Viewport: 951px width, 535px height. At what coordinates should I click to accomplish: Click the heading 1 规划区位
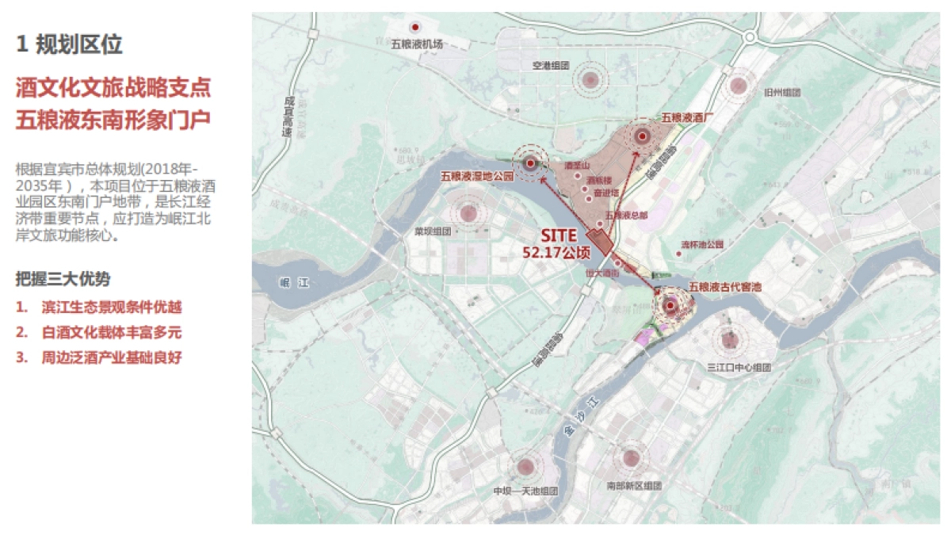[70, 44]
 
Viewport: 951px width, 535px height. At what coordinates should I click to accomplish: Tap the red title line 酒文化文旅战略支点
[113, 87]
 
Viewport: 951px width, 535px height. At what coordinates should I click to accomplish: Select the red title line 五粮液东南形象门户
[113, 120]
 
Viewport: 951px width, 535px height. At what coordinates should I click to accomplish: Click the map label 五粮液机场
[416, 44]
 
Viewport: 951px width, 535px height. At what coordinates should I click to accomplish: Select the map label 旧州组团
[782, 93]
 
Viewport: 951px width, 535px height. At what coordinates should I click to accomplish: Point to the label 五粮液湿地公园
[477, 175]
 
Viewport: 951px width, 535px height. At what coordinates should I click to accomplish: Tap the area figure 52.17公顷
[557, 252]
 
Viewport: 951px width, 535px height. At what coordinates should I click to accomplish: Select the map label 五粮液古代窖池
[725, 286]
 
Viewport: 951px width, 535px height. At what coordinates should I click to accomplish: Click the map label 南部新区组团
[633, 486]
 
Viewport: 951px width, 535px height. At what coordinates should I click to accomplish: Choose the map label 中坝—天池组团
[525, 491]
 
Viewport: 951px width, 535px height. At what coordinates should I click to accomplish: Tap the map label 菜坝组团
[432, 231]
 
